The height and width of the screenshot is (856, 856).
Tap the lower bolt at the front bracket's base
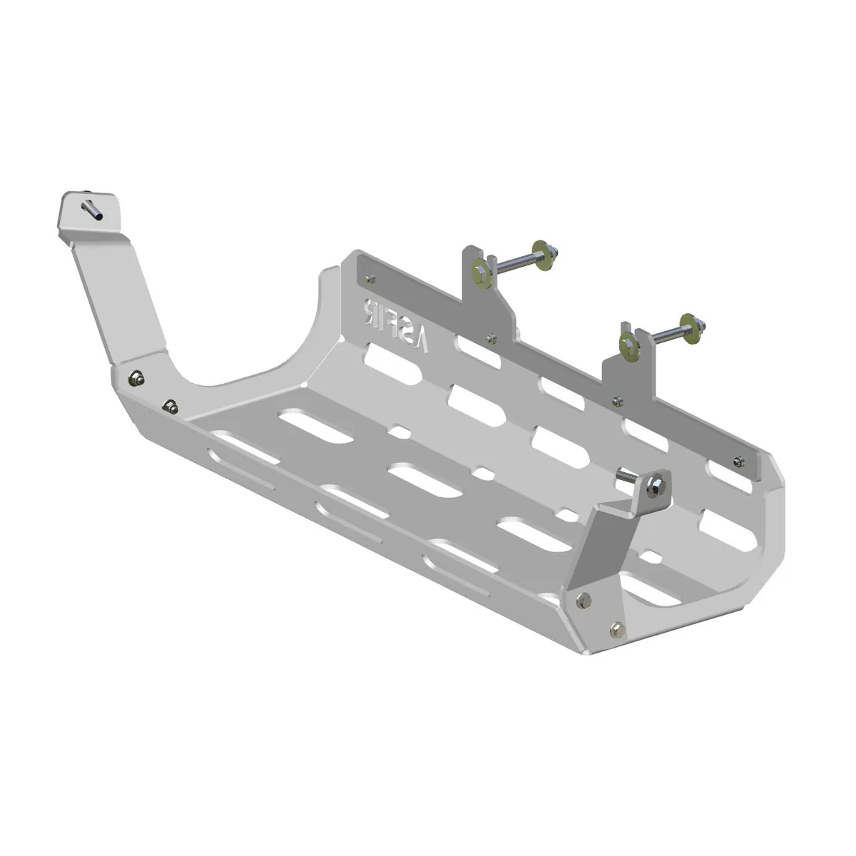coord(616,628)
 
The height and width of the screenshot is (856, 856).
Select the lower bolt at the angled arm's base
coord(170,407)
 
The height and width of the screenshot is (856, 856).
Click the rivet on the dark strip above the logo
coord(368,276)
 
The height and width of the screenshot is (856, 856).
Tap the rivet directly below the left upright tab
coord(490,336)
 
